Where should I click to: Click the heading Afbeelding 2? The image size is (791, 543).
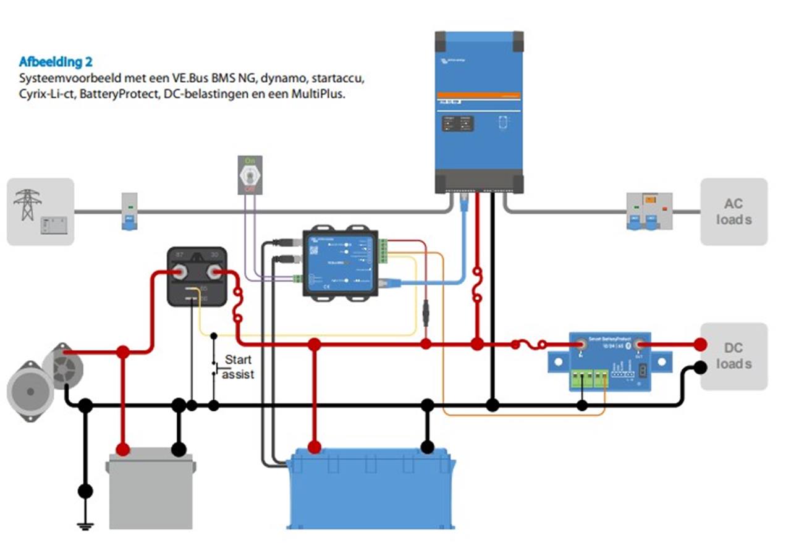coord(56,62)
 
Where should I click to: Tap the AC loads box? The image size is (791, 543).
coord(734,212)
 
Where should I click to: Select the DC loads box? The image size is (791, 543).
coord(734,356)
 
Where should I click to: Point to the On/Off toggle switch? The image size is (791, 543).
coord(250,175)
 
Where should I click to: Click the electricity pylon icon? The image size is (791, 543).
coord(27,204)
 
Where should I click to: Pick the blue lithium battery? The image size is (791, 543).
coord(371,488)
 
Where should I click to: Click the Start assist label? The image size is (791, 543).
coord(239,367)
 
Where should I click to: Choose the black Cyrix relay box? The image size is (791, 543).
coord(197,276)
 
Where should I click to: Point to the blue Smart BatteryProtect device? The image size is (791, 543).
coord(609,361)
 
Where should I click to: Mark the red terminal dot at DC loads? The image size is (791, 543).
coord(700,344)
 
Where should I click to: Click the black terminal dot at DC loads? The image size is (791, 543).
coord(700,368)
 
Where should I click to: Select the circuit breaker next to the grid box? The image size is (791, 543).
coord(129,211)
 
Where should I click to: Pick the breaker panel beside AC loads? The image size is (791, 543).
coord(649,211)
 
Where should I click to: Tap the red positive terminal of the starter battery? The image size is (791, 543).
coord(123,449)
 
